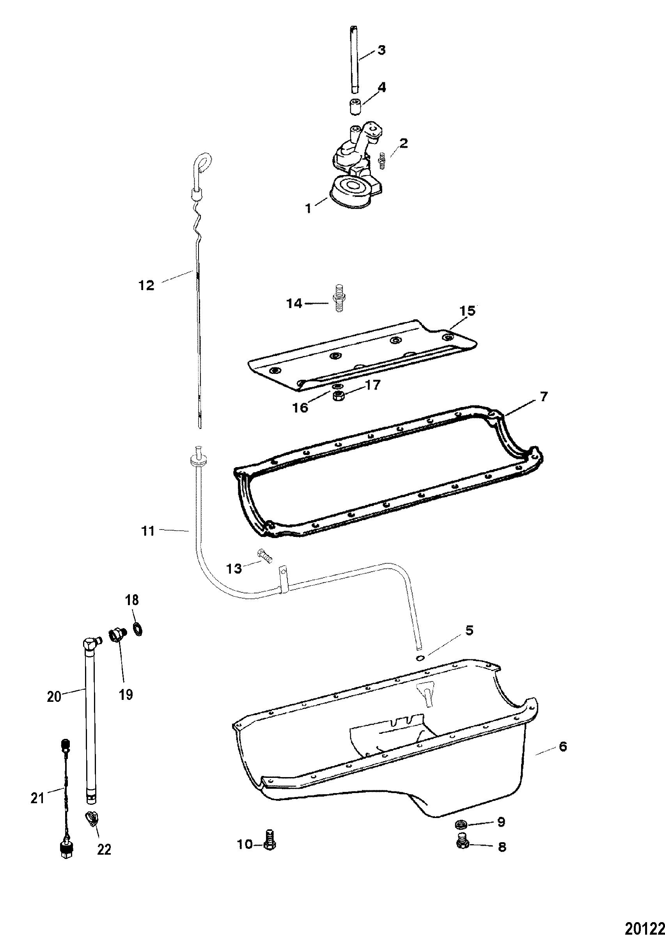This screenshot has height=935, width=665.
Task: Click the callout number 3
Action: coord(381,50)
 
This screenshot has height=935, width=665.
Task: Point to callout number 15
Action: coord(468,311)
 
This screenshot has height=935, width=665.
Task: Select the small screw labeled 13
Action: coord(265,556)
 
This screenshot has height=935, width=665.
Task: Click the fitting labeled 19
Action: coord(117,633)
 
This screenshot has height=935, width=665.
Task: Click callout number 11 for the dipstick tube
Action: coord(148,531)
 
